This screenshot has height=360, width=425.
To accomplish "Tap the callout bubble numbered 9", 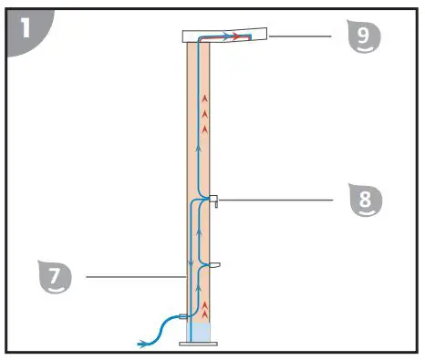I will [364, 37].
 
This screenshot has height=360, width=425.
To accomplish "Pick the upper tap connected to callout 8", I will [213, 200].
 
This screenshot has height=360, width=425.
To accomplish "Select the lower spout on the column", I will [213, 265].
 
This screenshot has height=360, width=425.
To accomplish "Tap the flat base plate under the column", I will [199, 345].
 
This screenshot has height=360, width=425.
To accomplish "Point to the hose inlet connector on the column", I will [183, 316].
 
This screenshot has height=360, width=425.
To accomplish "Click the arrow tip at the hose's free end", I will [140, 344].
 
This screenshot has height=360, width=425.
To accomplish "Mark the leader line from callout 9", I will [301, 37].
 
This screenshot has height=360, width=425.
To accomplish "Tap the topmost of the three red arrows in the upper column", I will [205, 97].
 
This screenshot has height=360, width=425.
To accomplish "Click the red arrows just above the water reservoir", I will [205, 306].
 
